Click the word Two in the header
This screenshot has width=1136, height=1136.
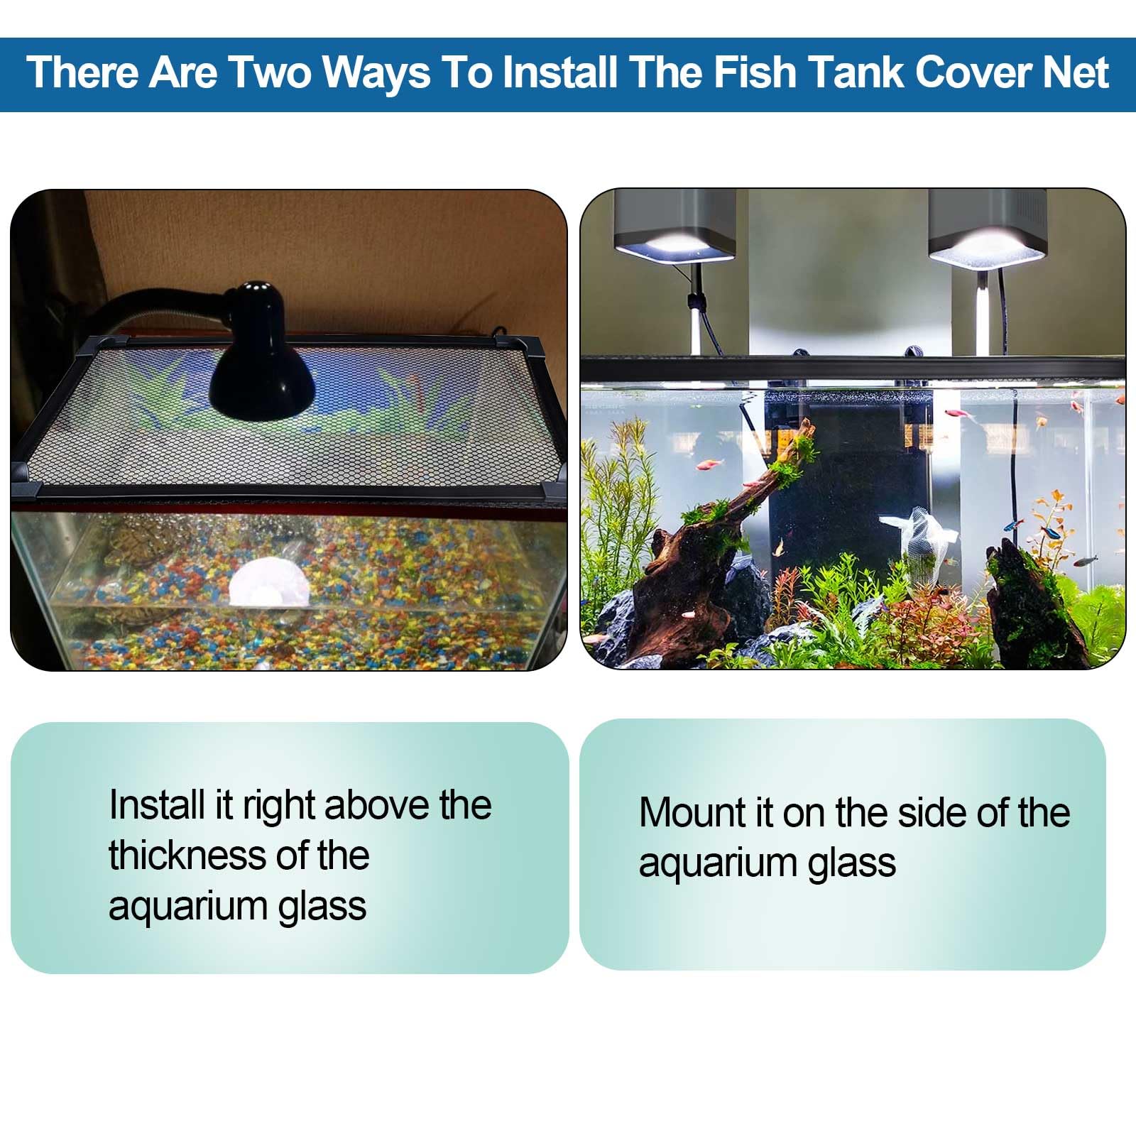click(269, 72)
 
